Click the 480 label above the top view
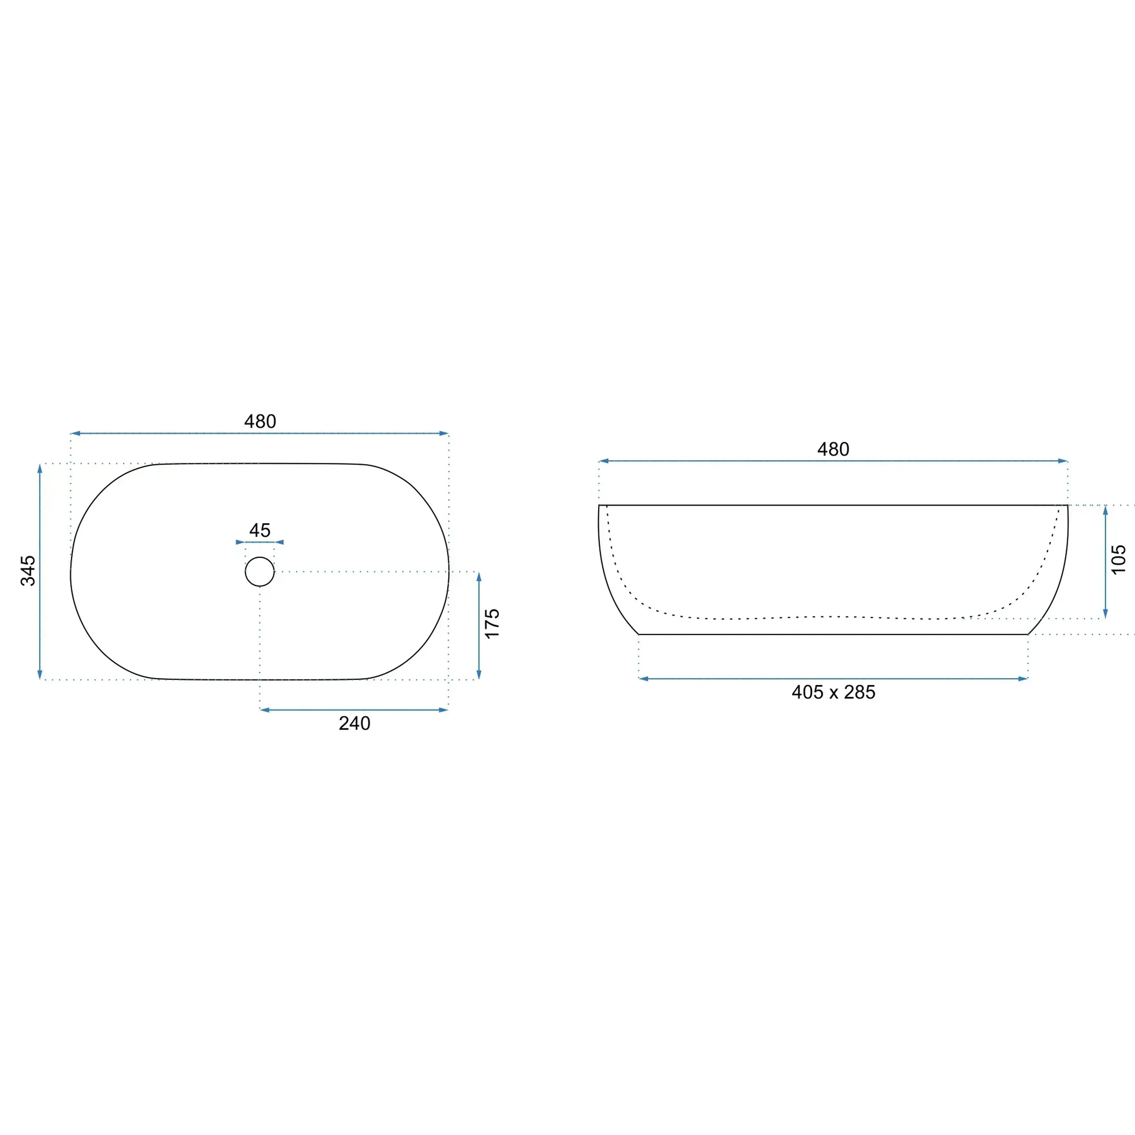[x=260, y=421]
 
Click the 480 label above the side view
[x=833, y=449]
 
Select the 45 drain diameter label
[x=260, y=530]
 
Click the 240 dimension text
[x=354, y=723]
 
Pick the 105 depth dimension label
[x=1119, y=559]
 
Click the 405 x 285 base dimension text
[x=833, y=692]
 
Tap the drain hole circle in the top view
[x=260, y=557]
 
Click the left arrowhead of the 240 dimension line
[x=264, y=710]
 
